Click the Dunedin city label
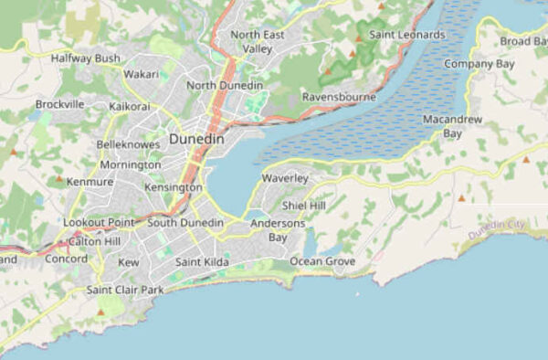pos(195,140)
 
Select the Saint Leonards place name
pos(406,35)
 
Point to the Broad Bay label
pos(523,41)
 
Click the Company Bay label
pos(479,64)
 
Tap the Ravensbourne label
pos(340,97)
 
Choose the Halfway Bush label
pos(86,58)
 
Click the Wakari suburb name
pos(141,74)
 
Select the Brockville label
pos(60,104)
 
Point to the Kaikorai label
pos(129,107)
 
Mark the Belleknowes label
pos(128,144)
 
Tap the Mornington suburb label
pos(130,165)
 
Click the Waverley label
pos(285,178)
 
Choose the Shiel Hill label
pos(304,206)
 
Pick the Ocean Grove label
pos(322,261)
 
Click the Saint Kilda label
pos(202,263)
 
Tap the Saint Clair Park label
pos(124,290)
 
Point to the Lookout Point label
pos(99,222)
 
